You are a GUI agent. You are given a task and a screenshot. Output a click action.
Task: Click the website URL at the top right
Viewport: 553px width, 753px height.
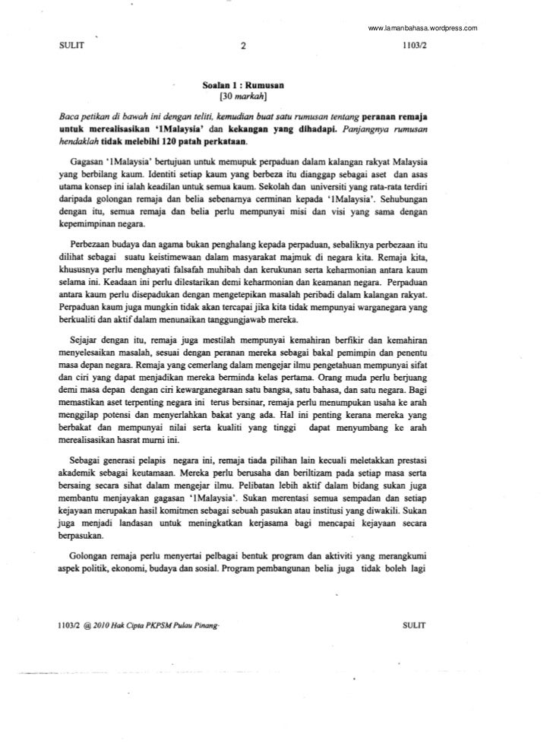pos(422,28)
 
